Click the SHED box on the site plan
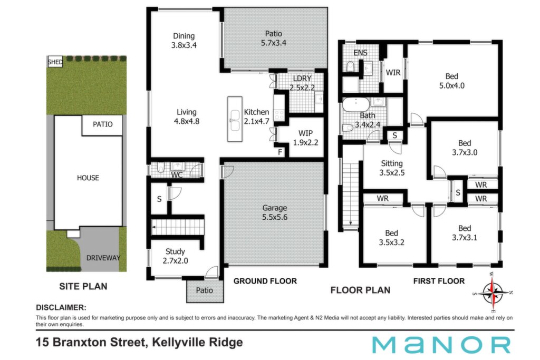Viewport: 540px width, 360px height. [55, 62]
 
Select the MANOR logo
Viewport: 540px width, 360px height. [441, 345]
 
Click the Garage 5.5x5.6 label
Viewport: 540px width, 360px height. [274, 212]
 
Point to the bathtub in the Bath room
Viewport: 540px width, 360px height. [355, 104]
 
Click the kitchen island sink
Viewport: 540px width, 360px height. [235, 121]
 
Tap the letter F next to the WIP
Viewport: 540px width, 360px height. [280, 152]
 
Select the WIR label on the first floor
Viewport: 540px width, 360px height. [393, 73]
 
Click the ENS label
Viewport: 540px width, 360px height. [360, 53]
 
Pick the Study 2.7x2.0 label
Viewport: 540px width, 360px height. [175, 256]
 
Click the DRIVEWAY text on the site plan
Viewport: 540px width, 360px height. [103, 258]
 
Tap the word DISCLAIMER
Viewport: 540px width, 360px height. [61, 307]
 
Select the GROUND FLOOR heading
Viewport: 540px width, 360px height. [265, 281]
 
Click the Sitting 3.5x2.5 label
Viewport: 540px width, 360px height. [392, 168]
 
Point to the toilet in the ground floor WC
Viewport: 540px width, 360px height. [161, 168]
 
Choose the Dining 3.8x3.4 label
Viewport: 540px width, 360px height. [184, 40]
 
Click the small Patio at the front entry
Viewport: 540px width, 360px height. [205, 291]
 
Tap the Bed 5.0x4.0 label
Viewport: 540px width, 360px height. [452, 81]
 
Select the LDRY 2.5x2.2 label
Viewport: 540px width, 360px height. [302, 83]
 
